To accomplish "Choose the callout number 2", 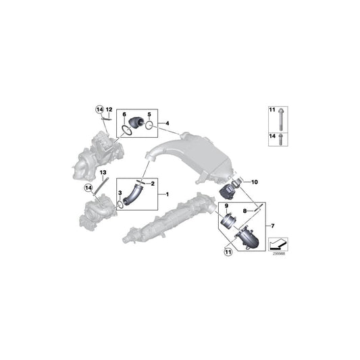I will tap(153, 184).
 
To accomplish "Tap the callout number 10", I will tap(255, 182).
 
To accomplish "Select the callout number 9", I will tap(227, 207).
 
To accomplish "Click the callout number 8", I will tap(245, 211).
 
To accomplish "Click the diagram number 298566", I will tap(278, 255).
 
